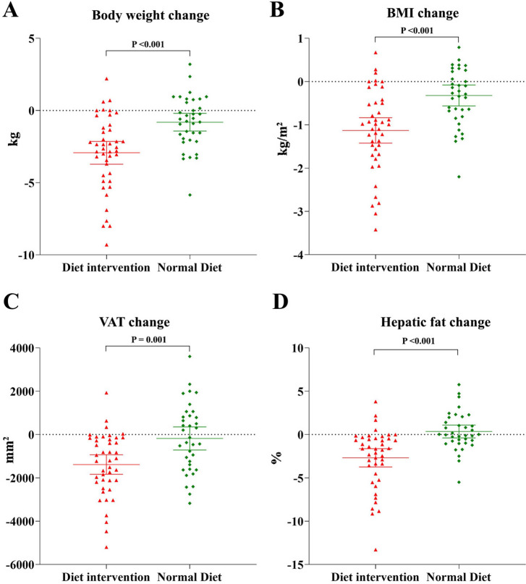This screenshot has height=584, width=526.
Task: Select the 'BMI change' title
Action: coord(417,13)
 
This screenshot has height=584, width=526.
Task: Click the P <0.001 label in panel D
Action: coord(417,341)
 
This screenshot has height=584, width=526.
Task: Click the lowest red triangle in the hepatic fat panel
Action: coord(376,550)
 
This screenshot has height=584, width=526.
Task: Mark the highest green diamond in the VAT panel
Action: coord(190,356)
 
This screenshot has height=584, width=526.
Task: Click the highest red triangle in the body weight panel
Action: coord(106,79)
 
